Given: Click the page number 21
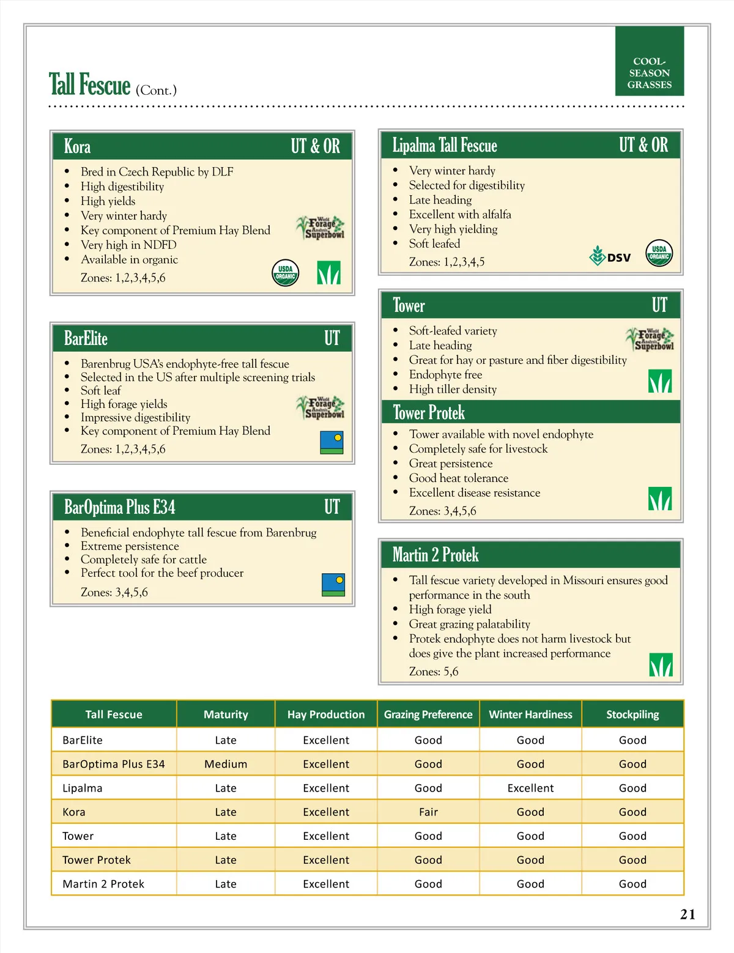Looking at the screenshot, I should (688, 914).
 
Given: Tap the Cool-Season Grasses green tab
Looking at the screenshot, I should (649, 61).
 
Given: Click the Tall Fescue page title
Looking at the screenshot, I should (90, 85).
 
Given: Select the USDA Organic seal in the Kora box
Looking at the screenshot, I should (285, 273).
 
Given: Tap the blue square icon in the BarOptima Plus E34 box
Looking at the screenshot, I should (333, 585).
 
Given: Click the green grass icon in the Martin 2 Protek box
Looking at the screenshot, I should (661, 665).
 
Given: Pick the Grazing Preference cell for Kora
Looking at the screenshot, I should (428, 812).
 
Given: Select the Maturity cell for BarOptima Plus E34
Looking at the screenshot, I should (226, 764).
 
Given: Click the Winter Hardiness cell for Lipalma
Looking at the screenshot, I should (530, 788).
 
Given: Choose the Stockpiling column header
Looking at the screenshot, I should (632, 714).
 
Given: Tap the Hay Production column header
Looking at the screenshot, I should (326, 714).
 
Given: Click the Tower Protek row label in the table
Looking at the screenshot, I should (97, 860).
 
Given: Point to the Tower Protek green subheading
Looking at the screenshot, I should (429, 413).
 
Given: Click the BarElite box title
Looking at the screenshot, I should (86, 338).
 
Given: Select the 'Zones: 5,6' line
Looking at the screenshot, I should (434, 672).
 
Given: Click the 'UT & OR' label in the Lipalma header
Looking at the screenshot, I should (643, 145).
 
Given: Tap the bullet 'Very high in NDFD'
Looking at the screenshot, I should (128, 245).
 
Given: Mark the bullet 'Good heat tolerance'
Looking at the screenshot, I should (459, 478).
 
